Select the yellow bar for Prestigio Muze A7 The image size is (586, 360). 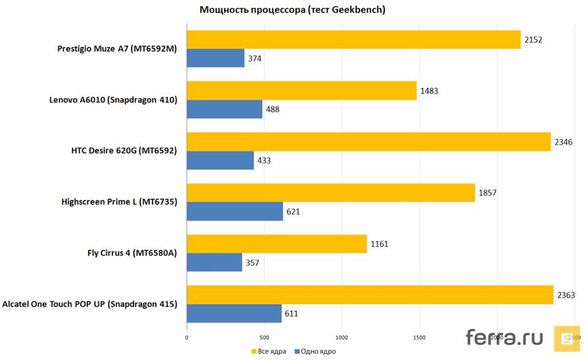pyautogui.click(x=354, y=40)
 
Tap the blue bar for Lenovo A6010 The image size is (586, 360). pyautogui.click(x=224, y=109)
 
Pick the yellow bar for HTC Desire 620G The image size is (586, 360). pyautogui.click(x=368, y=142)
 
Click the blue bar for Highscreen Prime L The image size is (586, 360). pyautogui.click(x=234, y=211)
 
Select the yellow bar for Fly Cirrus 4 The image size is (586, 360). pyautogui.click(x=277, y=243)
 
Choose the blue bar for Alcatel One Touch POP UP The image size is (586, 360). pyautogui.click(x=234, y=313)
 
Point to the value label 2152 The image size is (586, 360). pyautogui.click(x=534, y=40)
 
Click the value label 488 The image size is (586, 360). pyautogui.click(x=273, y=110)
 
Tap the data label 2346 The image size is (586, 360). pyautogui.click(x=564, y=142)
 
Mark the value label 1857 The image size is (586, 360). pyautogui.click(x=487, y=193)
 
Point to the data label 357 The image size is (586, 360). pyautogui.click(x=253, y=262)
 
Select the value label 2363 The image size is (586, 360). pyautogui.click(x=566, y=295)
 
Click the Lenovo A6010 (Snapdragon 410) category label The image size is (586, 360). pyautogui.click(x=113, y=100)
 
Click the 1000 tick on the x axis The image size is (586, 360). pyautogui.click(x=342, y=337)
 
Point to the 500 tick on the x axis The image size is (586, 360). pyautogui.click(x=264, y=337)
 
